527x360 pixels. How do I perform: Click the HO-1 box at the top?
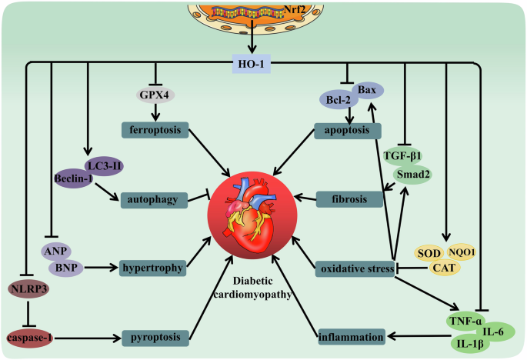point(251,66)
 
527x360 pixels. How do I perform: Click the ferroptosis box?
point(155,132)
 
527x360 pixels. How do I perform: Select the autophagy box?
point(154,200)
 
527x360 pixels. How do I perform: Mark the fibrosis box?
point(351,198)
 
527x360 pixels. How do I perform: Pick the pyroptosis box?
point(154,337)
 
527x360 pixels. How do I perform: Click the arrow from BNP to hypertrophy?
point(101,268)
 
